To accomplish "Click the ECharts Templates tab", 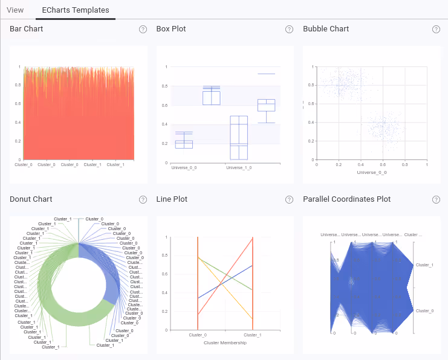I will [76, 10].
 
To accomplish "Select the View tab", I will [15, 10].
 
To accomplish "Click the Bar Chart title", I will [26, 29].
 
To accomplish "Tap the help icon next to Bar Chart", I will [143, 29].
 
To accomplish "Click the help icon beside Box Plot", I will [290, 29].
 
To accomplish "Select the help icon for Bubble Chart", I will [436, 29].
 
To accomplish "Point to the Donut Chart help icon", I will [143, 199].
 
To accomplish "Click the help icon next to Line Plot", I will [290, 199].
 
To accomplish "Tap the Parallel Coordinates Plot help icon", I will [436, 199].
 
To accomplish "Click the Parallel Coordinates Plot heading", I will [346, 199].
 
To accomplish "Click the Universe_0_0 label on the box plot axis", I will [184, 167].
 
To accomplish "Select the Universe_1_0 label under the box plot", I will [238, 167].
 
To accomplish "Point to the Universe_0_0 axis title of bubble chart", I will [372, 172].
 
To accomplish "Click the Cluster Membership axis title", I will [225, 342].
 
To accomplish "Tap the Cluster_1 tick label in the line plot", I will [252, 335].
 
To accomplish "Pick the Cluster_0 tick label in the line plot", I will [198, 335].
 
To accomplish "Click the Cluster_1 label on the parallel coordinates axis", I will [424, 265].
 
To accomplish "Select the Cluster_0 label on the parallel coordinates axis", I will [424, 310].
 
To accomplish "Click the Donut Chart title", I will [31, 199].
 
